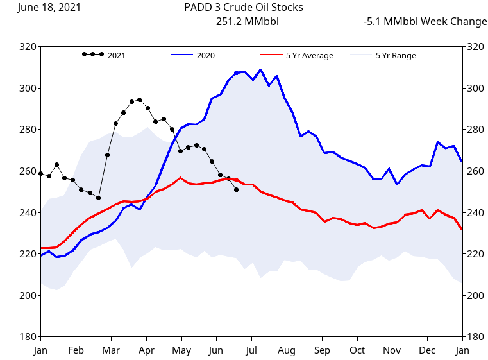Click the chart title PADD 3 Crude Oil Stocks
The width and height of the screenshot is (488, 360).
pos(243,8)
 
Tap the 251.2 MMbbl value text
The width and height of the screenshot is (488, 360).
pos(248,21)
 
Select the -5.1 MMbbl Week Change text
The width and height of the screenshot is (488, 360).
pos(425,21)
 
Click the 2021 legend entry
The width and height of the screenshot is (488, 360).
pos(116,55)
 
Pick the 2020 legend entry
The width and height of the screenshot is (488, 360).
pos(205,55)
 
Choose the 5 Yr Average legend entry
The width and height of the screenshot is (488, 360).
pos(309,55)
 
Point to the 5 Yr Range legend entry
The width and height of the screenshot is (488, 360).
pos(395,55)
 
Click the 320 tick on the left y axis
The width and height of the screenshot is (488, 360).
pos(28,47)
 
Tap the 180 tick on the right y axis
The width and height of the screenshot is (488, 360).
pos(475,337)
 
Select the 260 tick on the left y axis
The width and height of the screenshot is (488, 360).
pos(28,171)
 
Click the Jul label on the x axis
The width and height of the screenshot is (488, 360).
pos(251,350)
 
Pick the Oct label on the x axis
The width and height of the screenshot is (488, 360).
pos(357,350)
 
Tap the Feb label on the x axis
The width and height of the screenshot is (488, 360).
pos(76,350)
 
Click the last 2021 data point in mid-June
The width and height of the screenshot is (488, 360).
pos(236,190)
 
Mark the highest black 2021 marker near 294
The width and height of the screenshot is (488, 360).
pos(140,100)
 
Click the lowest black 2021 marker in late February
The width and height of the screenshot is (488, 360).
pos(98,198)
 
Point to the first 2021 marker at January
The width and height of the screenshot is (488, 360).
pos(41,173)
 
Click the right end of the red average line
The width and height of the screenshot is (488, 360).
pos(462,229)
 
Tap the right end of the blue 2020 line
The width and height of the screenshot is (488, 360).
pos(462,161)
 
